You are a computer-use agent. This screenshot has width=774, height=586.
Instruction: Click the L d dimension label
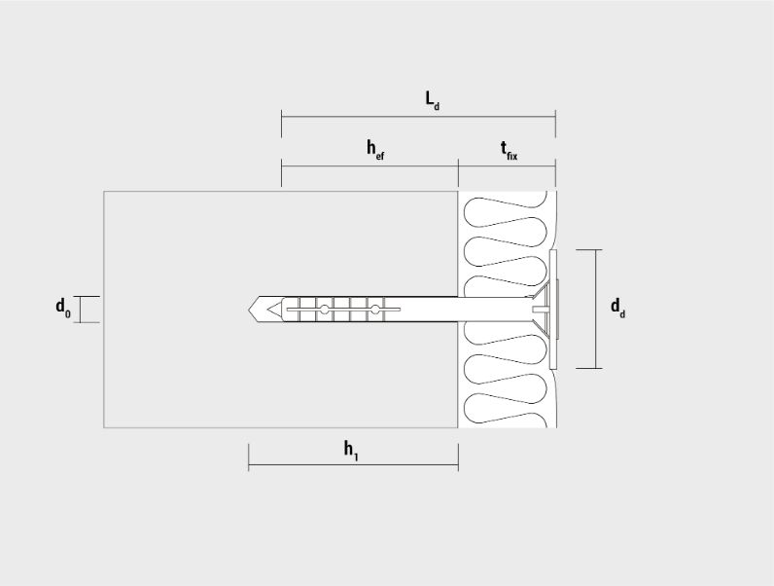click(x=433, y=101)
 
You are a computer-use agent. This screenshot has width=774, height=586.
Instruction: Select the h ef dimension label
click(x=375, y=150)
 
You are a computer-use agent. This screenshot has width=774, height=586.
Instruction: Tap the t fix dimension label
click(x=509, y=150)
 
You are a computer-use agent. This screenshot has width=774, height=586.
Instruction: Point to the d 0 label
click(x=62, y=308)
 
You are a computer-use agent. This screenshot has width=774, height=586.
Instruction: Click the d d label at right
click(x=618, y=308)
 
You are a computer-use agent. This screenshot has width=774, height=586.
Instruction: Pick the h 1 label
click(x=351, y=451)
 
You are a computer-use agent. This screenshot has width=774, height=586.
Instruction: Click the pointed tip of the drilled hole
click(x=249, y=310)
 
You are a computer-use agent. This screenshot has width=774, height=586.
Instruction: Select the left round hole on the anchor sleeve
click(x=325, y=310)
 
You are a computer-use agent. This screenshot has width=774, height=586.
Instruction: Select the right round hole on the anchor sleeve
click(x=375, y=310)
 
